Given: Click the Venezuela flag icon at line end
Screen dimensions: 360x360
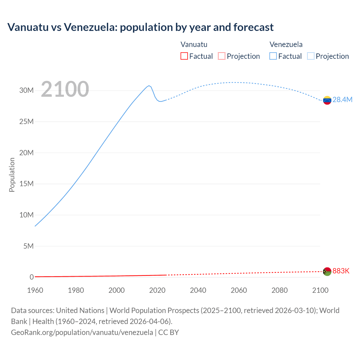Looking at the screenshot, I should click(327, 100).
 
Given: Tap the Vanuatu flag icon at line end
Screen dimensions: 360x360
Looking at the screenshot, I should click(327, 271).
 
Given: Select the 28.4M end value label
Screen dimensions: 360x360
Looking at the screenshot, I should click(342, 100).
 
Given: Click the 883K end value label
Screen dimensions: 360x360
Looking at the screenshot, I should click(341, 271).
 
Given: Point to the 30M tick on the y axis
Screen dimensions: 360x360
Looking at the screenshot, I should click(26, 91).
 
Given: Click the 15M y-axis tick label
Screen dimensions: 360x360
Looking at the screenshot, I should click(26, 184).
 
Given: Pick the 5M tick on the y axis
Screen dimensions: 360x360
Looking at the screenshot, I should click(28, 246).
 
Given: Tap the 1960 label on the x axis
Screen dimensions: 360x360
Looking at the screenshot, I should click(35, 290).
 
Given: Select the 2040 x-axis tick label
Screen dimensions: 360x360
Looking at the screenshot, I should click(198, 290).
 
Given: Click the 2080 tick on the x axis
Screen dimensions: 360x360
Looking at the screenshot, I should click(280, 290).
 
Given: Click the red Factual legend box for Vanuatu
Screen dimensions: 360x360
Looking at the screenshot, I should click(184, 56).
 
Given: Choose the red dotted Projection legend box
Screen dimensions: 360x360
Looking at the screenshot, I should click(221, 56).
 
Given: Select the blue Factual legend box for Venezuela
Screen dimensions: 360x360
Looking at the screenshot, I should click(273, 56).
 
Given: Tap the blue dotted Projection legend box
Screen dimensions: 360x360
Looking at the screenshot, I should click(310, 56).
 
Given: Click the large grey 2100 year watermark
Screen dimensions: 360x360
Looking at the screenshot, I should click(65, 89).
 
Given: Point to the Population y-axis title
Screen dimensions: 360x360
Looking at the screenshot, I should click(12, 175).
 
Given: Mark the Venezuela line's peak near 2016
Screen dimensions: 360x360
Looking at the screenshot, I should click(149, 85).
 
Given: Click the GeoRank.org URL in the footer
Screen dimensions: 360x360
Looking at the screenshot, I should click(82, 332).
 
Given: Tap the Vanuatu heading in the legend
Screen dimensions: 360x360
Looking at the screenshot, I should click(194, 44).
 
